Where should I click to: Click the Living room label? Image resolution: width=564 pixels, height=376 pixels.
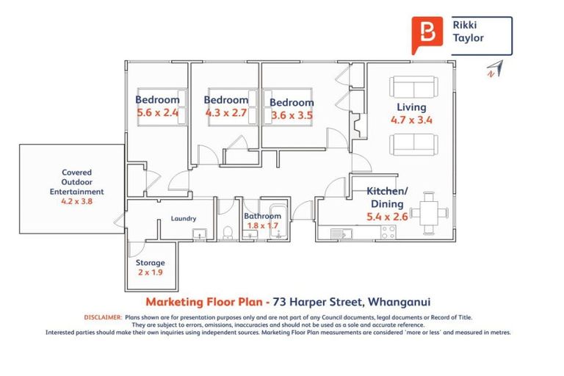411,106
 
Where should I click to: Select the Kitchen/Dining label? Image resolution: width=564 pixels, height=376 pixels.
386,198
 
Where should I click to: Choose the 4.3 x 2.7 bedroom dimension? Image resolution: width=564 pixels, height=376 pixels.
226,113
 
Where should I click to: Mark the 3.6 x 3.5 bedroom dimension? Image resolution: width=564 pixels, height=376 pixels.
292,115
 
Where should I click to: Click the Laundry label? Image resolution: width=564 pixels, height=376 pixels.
183,218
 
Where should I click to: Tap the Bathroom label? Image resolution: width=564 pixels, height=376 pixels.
262,216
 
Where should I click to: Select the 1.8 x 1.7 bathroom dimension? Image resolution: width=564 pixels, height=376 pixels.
262,225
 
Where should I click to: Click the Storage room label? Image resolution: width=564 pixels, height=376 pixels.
151,262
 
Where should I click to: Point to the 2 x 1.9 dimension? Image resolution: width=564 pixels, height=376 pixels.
151,273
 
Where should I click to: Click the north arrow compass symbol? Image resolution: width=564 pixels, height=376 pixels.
493,68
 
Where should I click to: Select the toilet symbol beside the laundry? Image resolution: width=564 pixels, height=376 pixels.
228,233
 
